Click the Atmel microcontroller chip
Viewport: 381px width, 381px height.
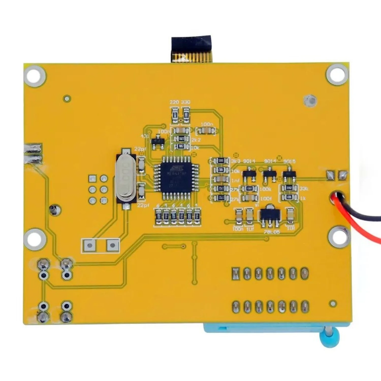(x=176, y=177)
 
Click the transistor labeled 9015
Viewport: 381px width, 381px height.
(x=289, y=174)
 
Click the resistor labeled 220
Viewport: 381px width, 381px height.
(x=175, y=115)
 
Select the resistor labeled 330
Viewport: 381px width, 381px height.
(x=186, y=115)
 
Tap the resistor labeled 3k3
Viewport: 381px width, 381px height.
(x=220, y=161)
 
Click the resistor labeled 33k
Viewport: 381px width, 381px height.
(x=289, y=188)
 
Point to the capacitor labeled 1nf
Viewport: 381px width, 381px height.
(x=220, y=180)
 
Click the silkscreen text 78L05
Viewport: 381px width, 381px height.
(x=272, y=232)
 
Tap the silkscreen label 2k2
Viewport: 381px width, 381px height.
(x=196, y=140)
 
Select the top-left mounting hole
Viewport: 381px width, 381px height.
(x=35, y=75)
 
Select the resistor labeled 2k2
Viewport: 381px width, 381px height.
(x=181, y=139)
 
